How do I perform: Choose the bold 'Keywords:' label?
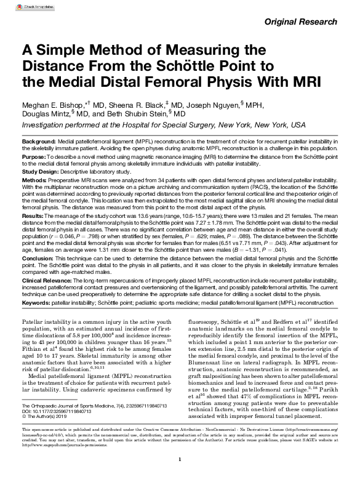tap(38, 303)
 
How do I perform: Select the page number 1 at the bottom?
tap(179, 476)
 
